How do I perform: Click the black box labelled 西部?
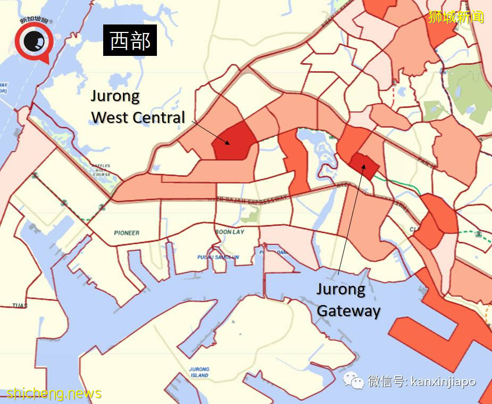pos(130,41)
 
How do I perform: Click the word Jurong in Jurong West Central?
pos(115,96)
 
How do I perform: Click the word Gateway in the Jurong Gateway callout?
pos(348,310)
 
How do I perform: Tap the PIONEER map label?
pos(127,233)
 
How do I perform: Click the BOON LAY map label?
pos(229,232)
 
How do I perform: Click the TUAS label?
pos(20,306)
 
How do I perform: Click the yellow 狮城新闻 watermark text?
pos(456,17)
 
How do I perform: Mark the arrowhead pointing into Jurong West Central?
pos(228,143)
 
